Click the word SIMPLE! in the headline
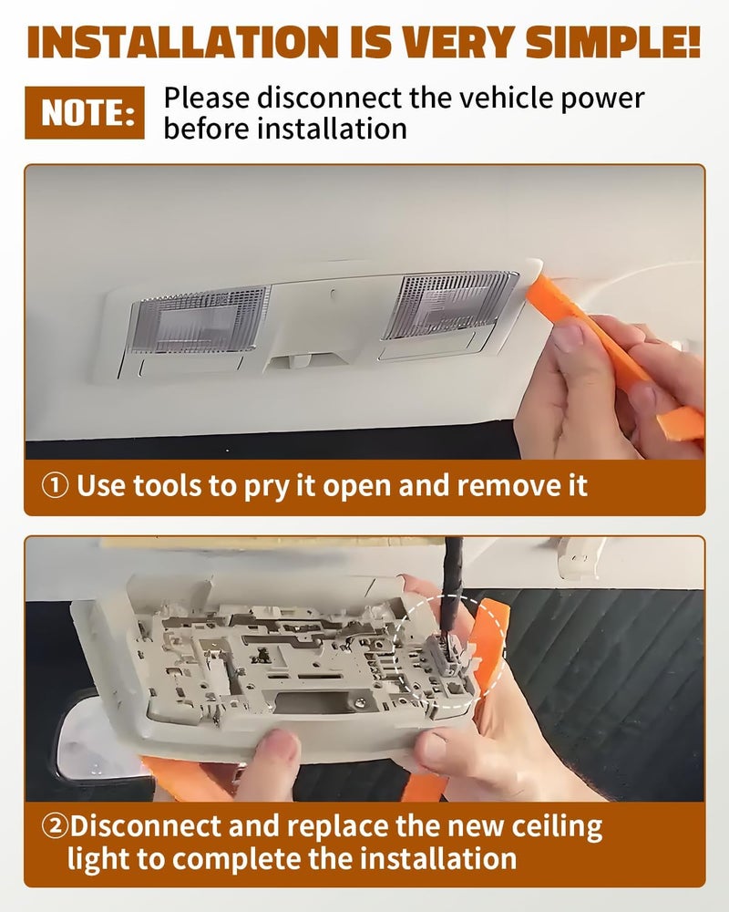point(613,43)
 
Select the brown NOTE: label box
point(85,113)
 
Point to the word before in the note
point(206,129)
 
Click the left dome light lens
point(200,319)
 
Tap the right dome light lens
point(448,306)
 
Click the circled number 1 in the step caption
point(56,486)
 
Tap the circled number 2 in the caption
point(56,826)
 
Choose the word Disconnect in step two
point(146,826)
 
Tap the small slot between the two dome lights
point(333,294)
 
